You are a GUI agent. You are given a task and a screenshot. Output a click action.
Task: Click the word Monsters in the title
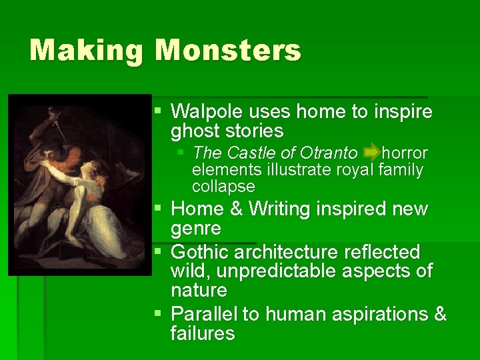pos(229,50)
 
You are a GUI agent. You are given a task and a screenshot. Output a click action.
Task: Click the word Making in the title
pos(86,51)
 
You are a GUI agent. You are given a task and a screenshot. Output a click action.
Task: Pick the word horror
pos(405,153)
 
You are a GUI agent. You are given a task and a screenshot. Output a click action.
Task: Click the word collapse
pos(223,186)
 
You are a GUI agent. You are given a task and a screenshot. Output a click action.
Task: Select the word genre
pos(197,229)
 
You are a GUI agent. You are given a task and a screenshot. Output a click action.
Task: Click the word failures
pos(203,333)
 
